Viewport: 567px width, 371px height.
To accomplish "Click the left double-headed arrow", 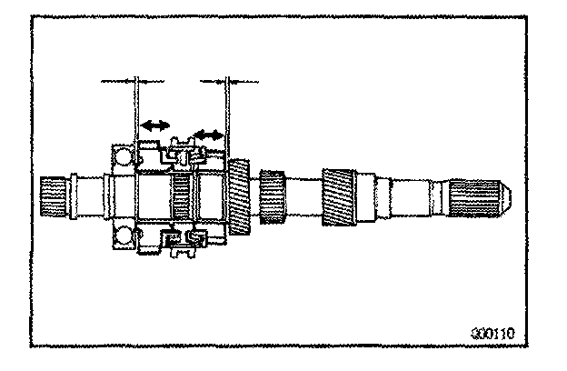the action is click(x=154, y=125).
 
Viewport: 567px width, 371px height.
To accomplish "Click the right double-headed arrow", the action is click(x=209, y=135).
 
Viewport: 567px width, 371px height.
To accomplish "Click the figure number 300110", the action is click(x=494, y=333).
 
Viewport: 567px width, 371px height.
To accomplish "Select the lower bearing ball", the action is click(x=123, y=237).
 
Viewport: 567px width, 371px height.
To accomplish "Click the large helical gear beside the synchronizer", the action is click(x=239, y=196).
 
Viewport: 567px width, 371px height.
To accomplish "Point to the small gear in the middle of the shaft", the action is click(x=272, y=196).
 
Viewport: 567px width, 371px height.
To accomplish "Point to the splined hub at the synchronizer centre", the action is click(x=182, y=196).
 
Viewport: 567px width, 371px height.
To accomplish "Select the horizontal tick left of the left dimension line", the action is click(x=118, y=82).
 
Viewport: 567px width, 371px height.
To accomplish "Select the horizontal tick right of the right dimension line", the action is click(x=245, y=82).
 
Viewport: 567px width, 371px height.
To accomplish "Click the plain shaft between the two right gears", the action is click(x=304, y=196).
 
